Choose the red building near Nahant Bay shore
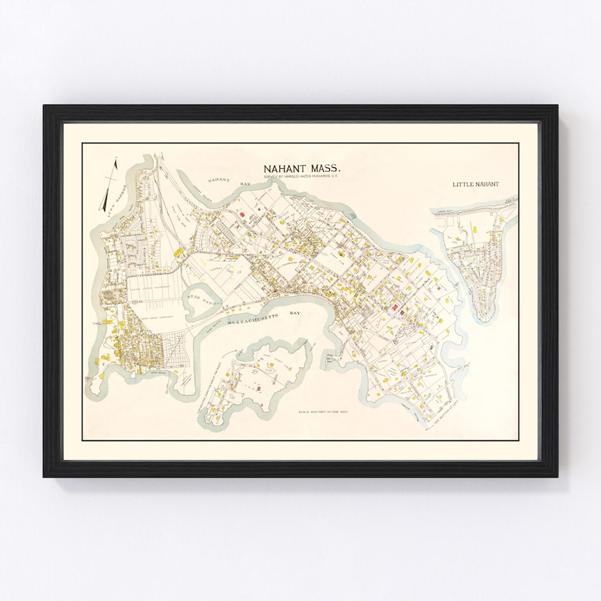point(242,214)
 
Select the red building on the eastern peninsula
point(394,307)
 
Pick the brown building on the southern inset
point(260,388)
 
